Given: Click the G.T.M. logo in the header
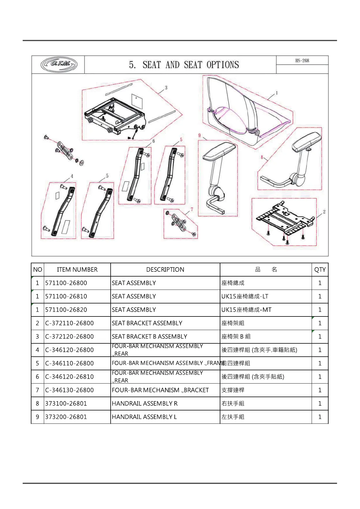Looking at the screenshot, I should pyautogui.click(x=59, y=64).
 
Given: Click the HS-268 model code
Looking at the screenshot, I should pyautogui.click(x=302, y=60).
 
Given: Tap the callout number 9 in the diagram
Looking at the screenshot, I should pyautogui.click(x=199, y=135).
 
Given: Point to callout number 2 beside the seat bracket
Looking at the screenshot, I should pyautogui.click(x=324, y=212).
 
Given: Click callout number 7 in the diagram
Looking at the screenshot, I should pyautogui.click(x=192, y=209).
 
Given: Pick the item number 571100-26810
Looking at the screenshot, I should pyautogui.click(x=66, y=296).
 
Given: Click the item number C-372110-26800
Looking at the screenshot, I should pyautogui.click(x=70, y=323).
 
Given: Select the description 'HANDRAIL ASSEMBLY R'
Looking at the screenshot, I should pyautogui.click(x=145, y=404).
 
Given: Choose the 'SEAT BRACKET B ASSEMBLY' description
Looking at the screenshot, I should pyautogui.click(x=149, y=336).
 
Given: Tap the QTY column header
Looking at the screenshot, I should pyautogui.click(x=320, y=270).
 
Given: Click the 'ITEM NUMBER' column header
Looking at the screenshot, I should pyautogui.click(x=77, y=270).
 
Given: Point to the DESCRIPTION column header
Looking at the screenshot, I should pyautogui.click(x=165, y=270).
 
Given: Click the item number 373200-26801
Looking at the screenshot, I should pyautogui.click(x=66, y=417).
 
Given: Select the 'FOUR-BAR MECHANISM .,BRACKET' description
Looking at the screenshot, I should pyautogui.click(x=160, y=390).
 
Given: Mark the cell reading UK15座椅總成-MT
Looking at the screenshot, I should pyautogui.click(x=246, y=310).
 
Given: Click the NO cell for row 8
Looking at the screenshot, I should pyautogui.click(x=37, y=404).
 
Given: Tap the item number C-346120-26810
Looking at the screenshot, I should pyautogui.click(x=70, y=377).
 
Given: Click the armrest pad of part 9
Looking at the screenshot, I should pyautogui.click(x=219, y=151).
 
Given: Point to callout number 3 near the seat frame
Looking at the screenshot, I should pyautogui.click(x=166, y=88).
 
